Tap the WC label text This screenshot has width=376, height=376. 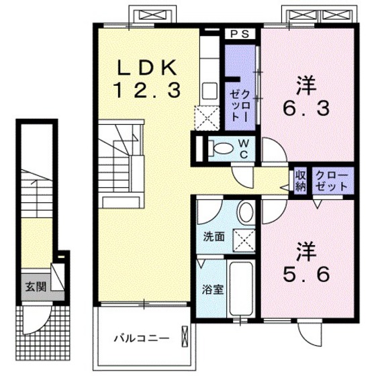(244, 148)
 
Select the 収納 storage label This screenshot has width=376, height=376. (300, 181)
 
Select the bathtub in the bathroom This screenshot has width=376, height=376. (239, 289)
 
